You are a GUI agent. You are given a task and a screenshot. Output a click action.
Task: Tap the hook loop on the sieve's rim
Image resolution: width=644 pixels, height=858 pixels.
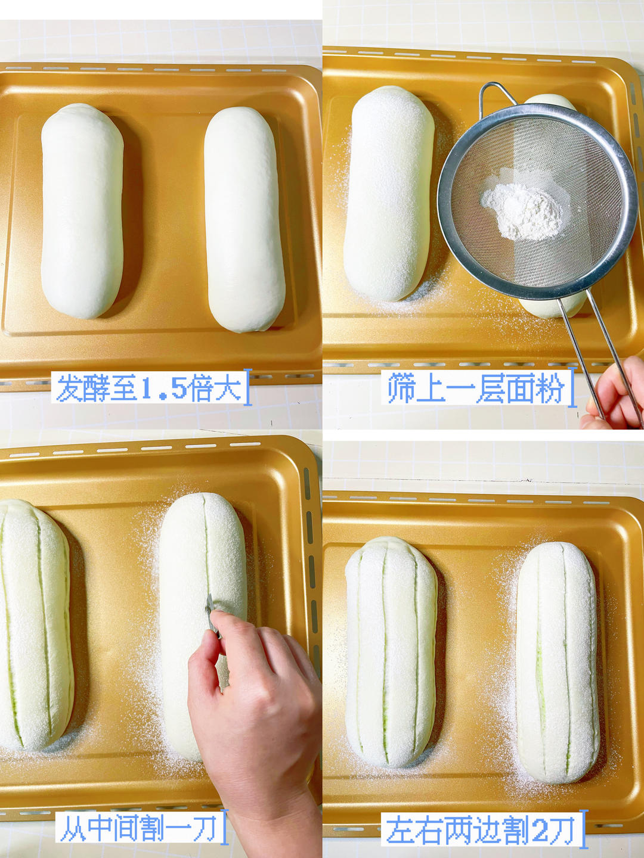496,96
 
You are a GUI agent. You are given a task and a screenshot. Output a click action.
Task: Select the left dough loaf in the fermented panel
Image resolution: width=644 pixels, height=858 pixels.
82,210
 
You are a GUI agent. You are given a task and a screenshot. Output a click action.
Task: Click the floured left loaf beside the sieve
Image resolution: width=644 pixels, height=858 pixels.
389,194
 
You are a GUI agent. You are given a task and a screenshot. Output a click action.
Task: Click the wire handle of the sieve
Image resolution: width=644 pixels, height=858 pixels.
598,356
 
